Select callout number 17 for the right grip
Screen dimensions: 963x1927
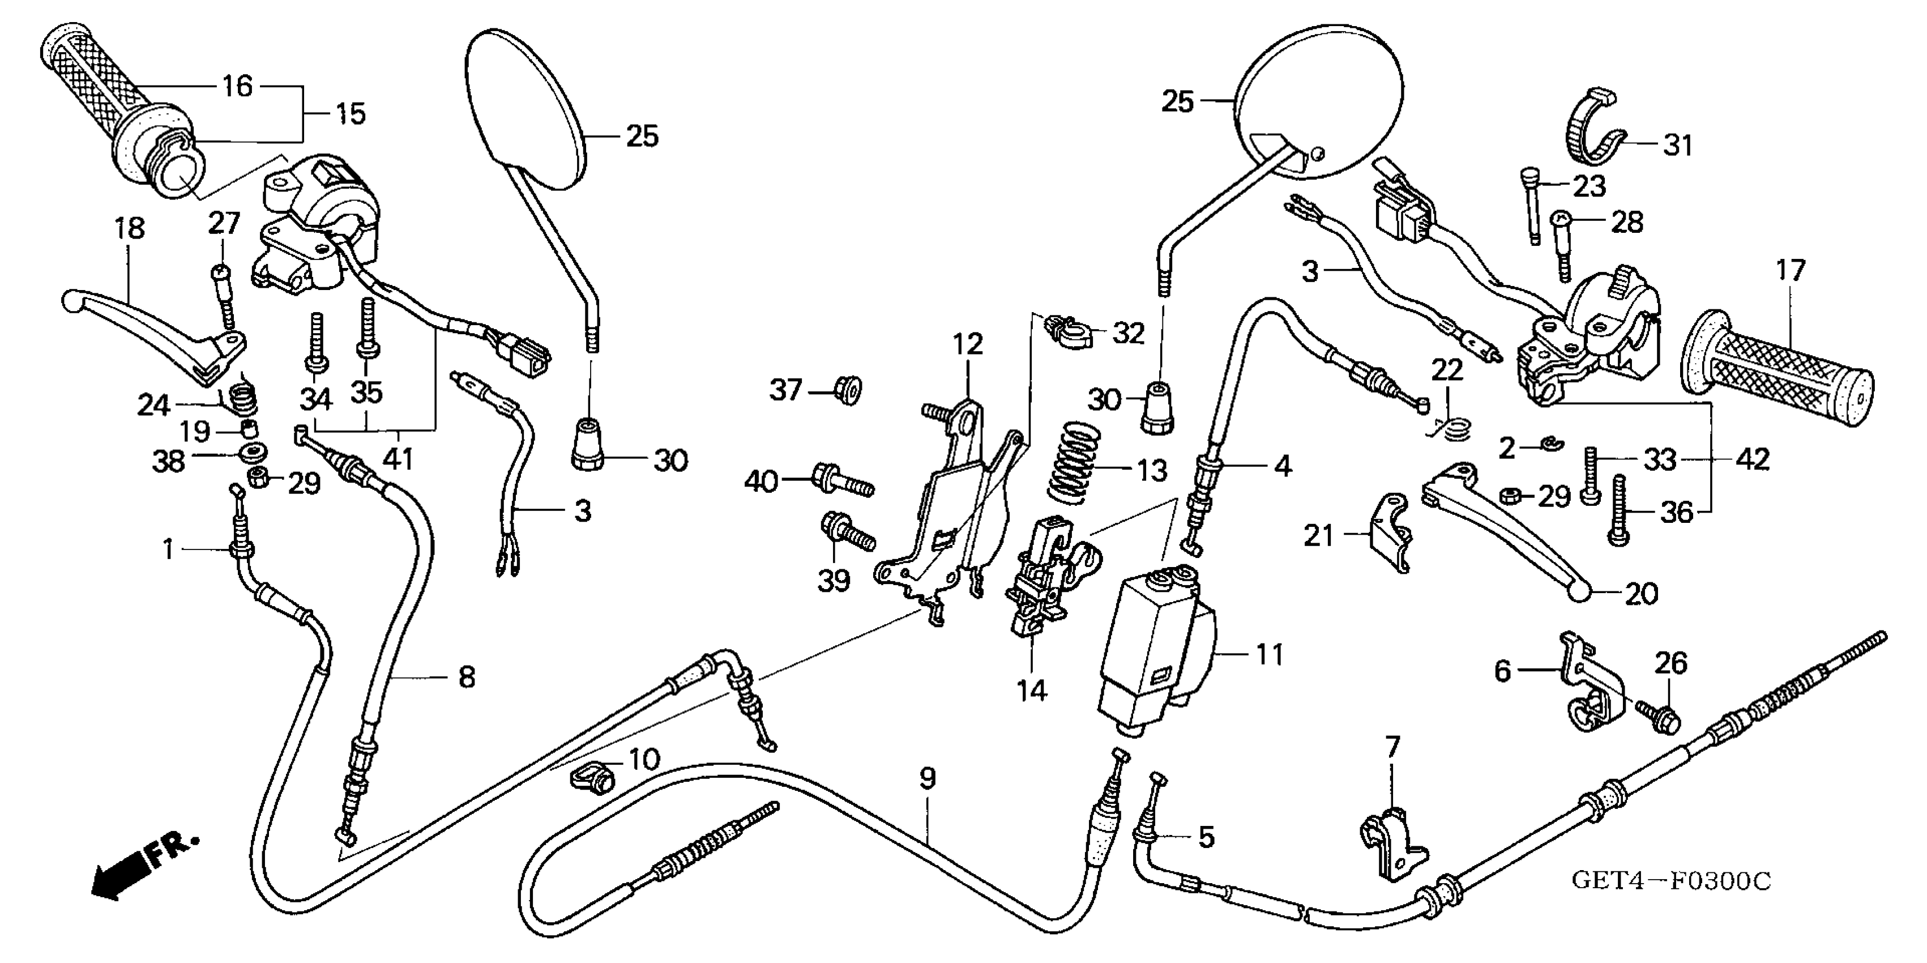[x=1790, y=270]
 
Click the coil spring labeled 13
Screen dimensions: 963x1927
[x=1074, y=462]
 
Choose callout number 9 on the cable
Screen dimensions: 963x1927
[x=927, y=778]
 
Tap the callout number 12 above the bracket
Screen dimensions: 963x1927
[x=967, y=344]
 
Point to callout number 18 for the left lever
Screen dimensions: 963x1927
[x=129, y=228]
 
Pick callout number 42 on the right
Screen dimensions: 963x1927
[x=1752, y=459]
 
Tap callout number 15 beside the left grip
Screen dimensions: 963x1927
[x=349, y=114]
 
